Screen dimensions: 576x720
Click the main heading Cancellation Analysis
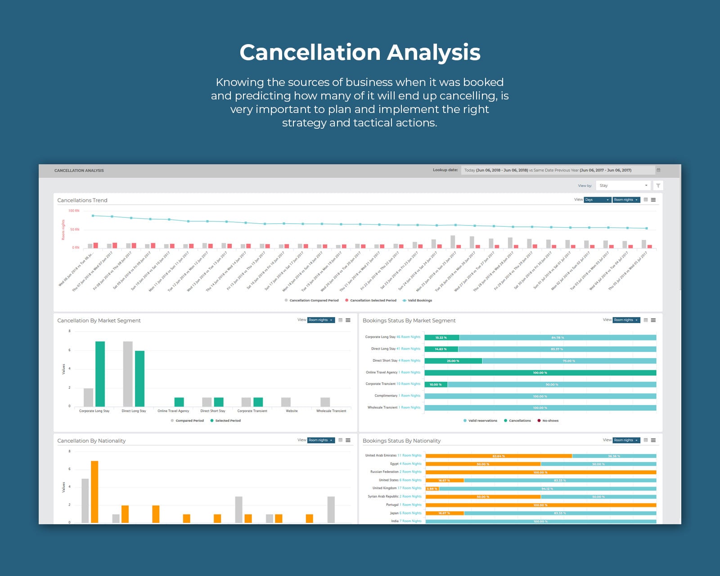pos(360,52)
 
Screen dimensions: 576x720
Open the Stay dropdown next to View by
pos(623,185)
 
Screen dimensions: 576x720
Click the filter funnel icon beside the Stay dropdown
pos(658,185)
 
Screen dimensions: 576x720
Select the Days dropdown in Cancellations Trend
pos(597,200)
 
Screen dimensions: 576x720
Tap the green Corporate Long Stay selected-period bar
pos(100,374)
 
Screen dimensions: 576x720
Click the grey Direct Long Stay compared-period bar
pos(128,374)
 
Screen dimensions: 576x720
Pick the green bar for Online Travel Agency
pos(179,402)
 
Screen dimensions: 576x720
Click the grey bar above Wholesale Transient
pos(325,402)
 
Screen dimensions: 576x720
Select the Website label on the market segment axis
pos(292,411)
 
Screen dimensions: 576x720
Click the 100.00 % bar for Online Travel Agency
pos(540,373)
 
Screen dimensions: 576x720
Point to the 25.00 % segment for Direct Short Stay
pos(453,361)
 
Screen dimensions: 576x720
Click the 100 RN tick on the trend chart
pos(74,211)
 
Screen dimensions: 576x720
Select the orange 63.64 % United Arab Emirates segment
pos(499,456)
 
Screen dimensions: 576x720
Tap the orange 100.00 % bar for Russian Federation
pos(540,472)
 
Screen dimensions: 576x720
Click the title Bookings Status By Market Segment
pos(409,320)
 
